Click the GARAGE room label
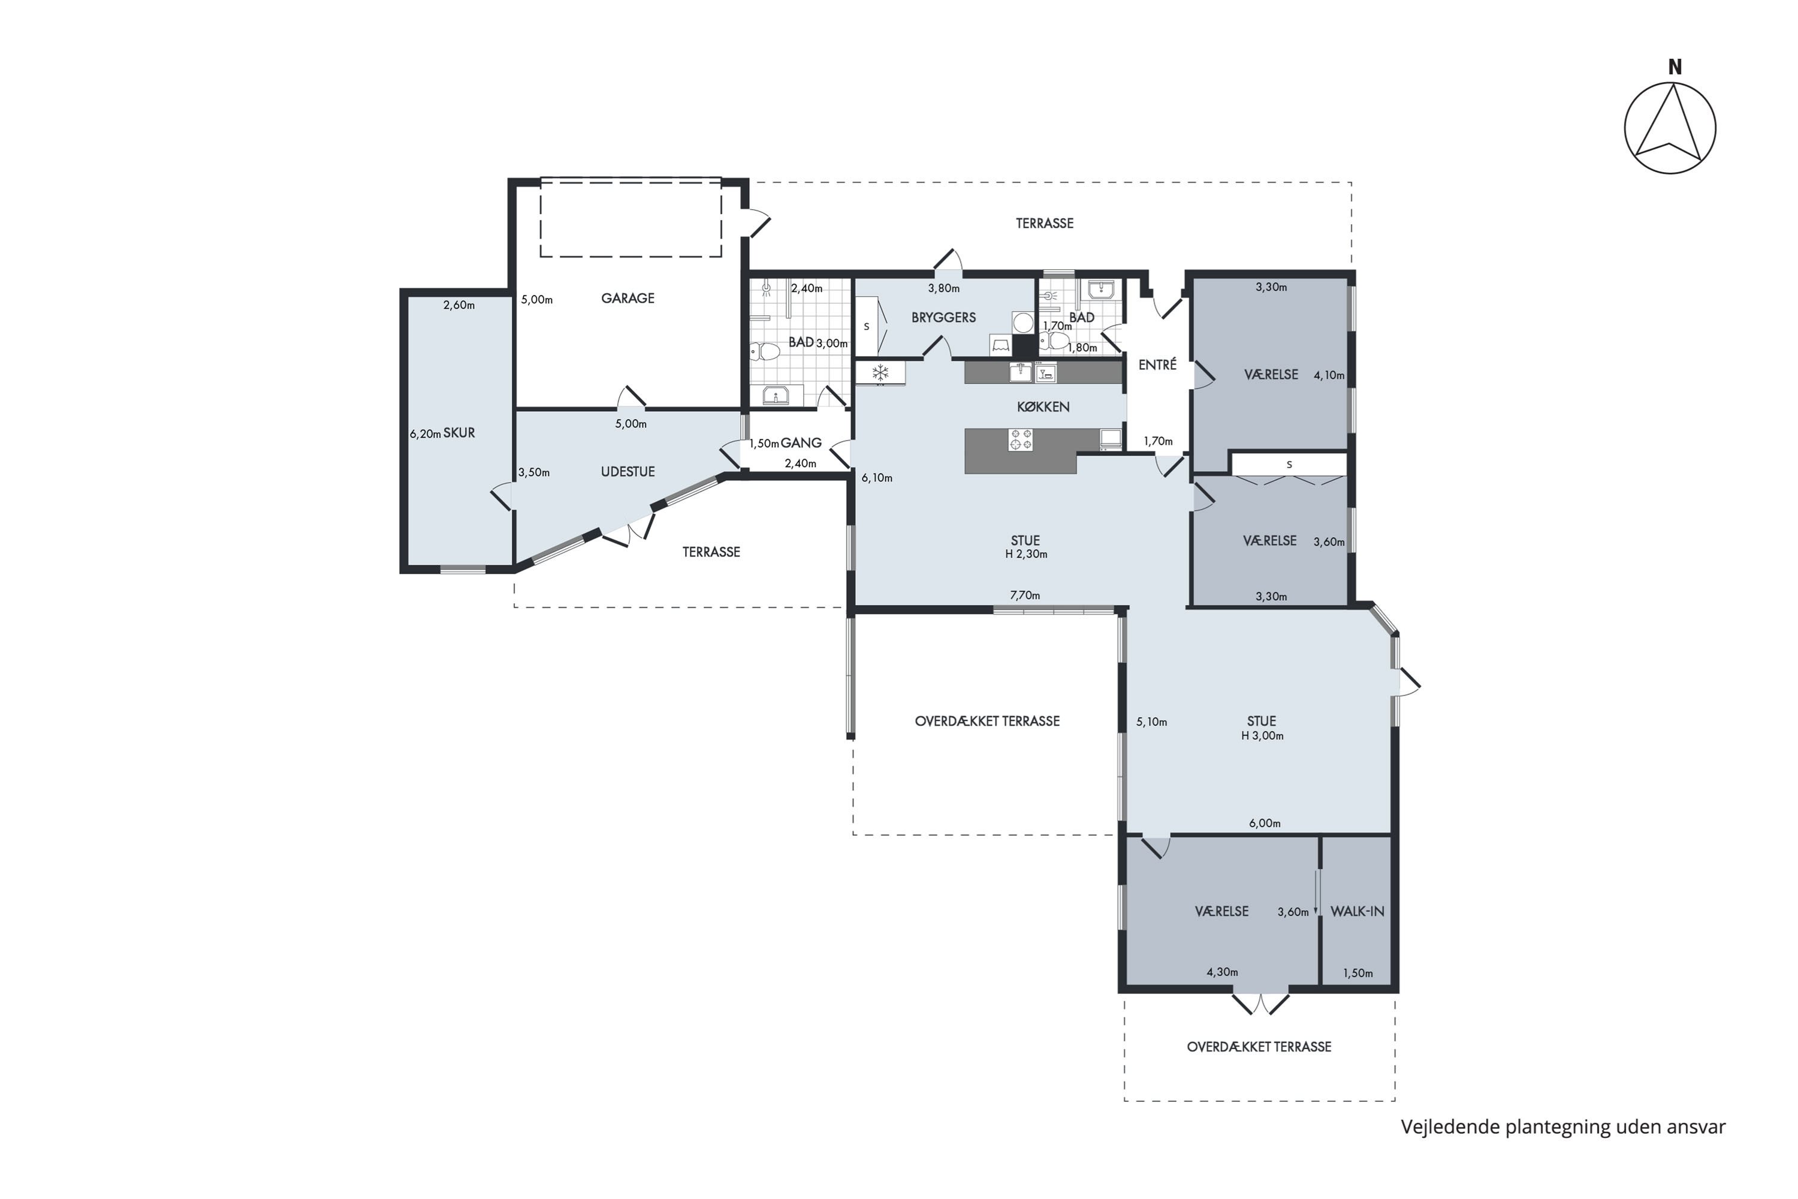628,298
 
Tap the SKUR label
460,433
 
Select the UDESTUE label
628,472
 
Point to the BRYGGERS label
943,317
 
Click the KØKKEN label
1043,407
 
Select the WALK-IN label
1357,911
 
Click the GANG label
801,443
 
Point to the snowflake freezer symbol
880,373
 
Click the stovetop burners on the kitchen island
1021,441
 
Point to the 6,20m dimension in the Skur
425,434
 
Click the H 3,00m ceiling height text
1262,736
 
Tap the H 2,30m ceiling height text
1026,555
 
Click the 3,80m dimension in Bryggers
943,289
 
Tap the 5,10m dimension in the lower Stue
1151,722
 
